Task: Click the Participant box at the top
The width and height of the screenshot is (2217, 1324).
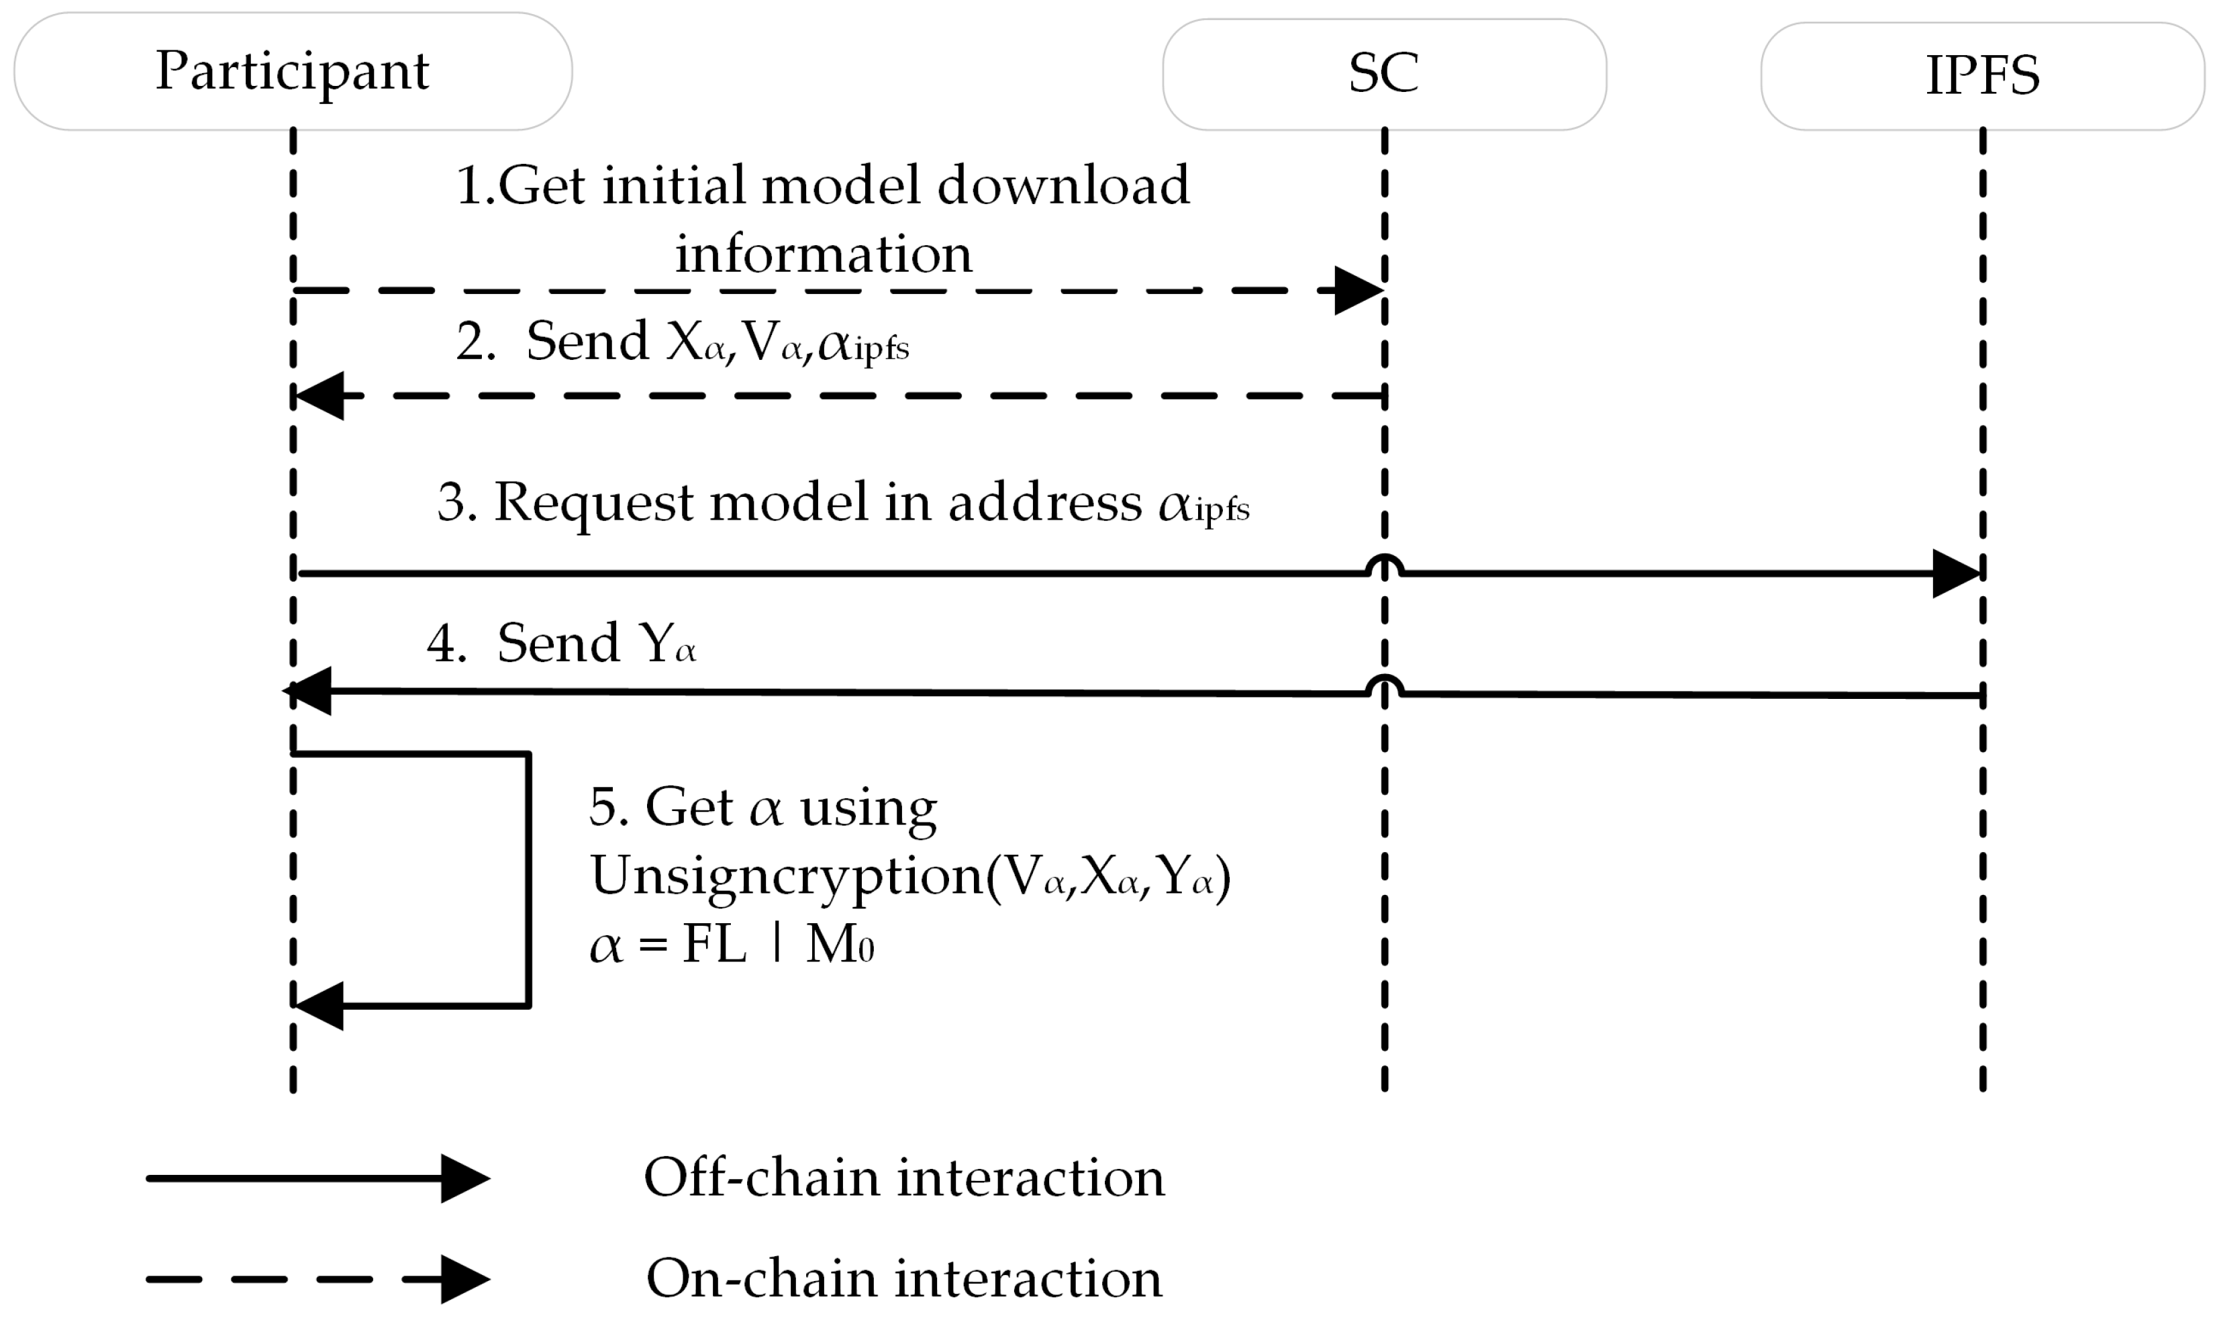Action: coord(293,71)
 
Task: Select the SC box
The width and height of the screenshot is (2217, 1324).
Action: coord(1383,74)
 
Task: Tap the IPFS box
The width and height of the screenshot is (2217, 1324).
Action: coord(1981,76)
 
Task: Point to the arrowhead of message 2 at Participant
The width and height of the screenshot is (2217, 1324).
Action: coord(319,395)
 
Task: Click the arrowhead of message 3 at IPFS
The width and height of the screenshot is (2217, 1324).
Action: coord(1956,573)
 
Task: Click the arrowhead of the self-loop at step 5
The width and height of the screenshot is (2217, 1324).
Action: coord(319,1006)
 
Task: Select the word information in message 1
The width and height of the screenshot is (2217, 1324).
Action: coord(822,254)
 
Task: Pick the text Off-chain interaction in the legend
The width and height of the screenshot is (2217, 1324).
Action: coord(903,1178)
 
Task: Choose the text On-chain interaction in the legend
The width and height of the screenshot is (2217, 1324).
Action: coord(903,1278)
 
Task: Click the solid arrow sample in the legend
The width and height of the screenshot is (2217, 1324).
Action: coord(317,1178)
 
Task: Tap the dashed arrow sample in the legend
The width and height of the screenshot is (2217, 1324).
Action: coord(317,1278)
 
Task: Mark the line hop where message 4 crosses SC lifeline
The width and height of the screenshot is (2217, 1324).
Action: coord(1384,684)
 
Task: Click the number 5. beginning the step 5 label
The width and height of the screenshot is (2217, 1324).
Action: coord(609,808)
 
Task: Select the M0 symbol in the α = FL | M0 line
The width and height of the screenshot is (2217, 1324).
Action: coord(838,946)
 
